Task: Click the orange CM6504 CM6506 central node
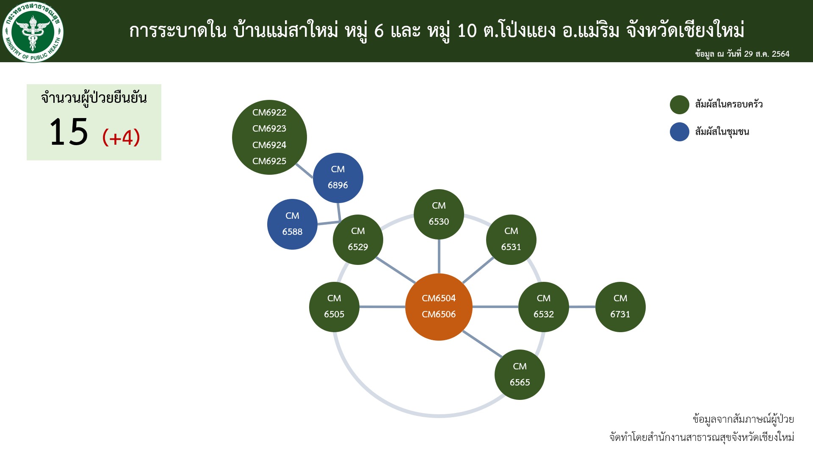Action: pos(439,307)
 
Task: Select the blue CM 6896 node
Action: pos(338,178)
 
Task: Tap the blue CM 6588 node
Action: pos(292,224)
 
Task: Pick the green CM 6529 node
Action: pos(358,240)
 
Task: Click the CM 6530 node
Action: pos(439,214)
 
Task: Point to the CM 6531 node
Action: pos(511,240)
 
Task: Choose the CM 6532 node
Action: pos(544,307)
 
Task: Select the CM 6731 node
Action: pos(620,307)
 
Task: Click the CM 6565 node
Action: pos(520,374)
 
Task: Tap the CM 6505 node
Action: pos(334,307)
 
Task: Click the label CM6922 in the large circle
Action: pos(269,113)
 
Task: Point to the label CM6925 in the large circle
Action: pos(269,161)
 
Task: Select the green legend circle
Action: pos(680,105)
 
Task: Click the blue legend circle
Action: pos(680,132)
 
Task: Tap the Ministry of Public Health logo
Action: pos(33,32)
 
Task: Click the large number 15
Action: pos(69,132)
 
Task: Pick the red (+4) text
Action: pos(121,137)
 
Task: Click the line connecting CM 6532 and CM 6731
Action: pos(582,307)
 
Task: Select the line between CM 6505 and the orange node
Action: pos(382,307)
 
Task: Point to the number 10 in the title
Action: pos(467,30)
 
